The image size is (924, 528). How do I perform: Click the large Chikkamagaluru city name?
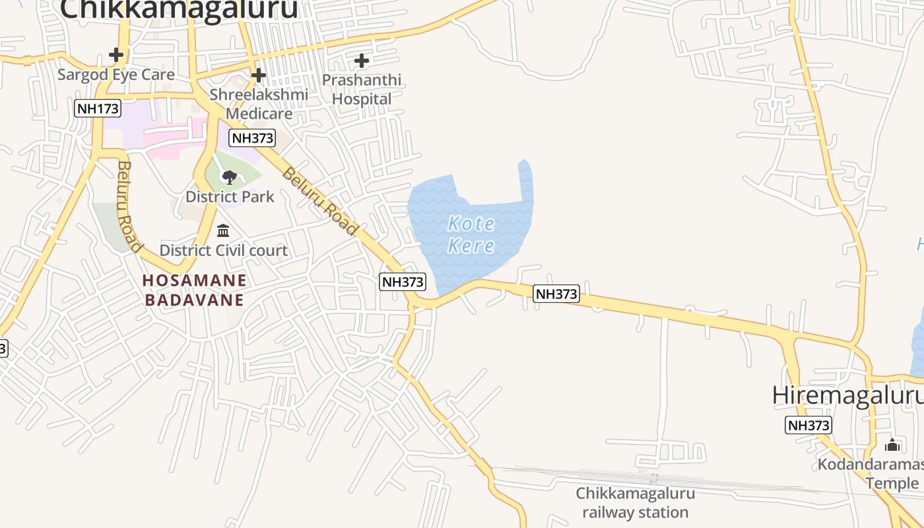click(179, 9)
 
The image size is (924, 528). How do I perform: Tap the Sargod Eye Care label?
click(116, 75)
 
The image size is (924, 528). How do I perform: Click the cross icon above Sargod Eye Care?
click(116, 54)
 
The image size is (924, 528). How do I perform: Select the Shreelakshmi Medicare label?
click(259, 104)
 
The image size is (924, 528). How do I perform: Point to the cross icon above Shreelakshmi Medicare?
click(259, 75)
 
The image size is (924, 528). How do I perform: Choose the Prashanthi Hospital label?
click(362, 90)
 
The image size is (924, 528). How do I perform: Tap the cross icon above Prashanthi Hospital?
click(362, 61)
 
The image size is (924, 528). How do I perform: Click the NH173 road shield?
click(98, 108)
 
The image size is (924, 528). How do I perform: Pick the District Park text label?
click(230, 197)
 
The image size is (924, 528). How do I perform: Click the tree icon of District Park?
click(230, 177)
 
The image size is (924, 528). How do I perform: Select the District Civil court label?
click(224, 251)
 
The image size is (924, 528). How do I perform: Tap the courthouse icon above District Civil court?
click(223, 231)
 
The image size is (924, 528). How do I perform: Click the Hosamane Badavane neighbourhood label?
click(195, 290)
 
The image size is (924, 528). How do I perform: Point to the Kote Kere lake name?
click(471, 235)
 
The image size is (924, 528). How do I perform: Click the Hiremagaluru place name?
click(847, 395)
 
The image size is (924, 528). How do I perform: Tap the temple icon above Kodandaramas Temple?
click(892, 445)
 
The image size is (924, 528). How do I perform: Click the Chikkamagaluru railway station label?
click(635, 503)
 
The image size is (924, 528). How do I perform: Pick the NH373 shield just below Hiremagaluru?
click(808, 425)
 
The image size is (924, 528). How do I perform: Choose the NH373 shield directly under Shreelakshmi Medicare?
click(252, 138)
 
